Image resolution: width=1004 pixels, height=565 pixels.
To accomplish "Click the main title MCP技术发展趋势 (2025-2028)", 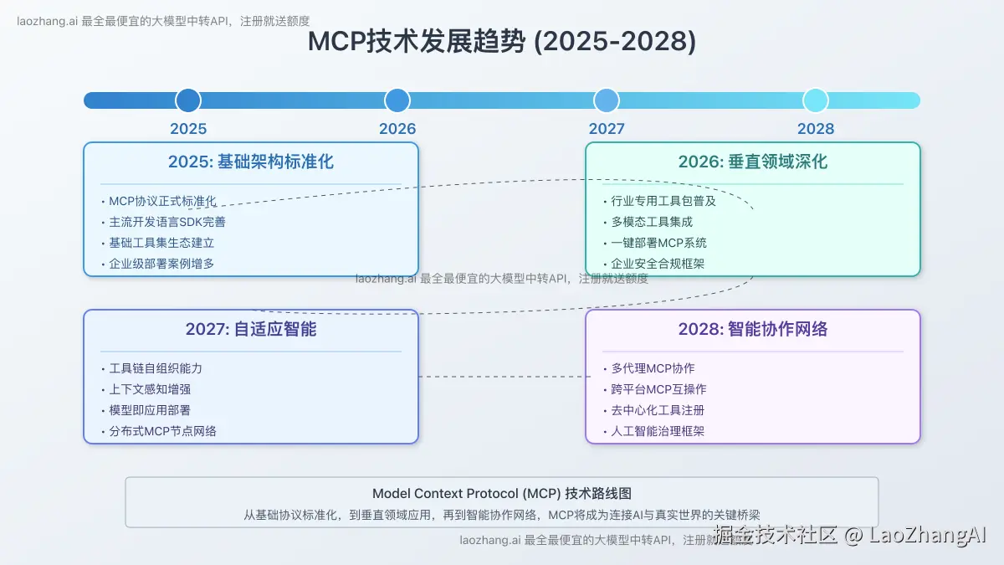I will (x=501, y=42).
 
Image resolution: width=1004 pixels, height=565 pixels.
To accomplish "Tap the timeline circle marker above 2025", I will (x=188, y=100).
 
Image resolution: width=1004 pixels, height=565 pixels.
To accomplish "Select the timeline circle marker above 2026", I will (x=397, y=100).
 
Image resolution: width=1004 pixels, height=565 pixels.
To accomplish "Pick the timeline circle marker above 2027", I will (x=607, y=100).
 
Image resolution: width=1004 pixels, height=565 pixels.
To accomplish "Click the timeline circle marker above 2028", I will (x=816, y=100).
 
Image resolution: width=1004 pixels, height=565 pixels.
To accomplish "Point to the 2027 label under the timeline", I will (x=607, y=129).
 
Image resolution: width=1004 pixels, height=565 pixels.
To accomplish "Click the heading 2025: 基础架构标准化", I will (x=251, y=162).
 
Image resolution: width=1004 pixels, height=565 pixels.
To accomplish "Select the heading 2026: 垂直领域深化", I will (x=753, y=162).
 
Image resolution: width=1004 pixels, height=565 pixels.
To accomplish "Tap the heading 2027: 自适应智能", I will (x=251, y=329).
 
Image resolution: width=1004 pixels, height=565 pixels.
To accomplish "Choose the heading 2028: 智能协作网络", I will (x=753, y=329).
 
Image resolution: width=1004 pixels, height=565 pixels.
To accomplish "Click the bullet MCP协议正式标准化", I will (x=162, y=201).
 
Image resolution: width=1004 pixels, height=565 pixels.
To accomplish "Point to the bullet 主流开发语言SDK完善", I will (x=167, y=222).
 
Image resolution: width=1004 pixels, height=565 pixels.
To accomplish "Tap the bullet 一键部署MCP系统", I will (x=658, y=243).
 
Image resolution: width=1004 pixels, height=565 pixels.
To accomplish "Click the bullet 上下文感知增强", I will (x=150, y=389).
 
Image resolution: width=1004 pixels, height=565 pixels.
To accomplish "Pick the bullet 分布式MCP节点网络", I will (x=162, y=431).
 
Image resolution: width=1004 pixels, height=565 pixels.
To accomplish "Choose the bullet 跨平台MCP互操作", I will (x=658, y=389).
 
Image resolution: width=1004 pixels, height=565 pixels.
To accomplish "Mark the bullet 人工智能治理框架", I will (x=658, y=431).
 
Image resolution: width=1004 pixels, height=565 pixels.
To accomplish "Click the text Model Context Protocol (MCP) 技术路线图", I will (x=501, y=494).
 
